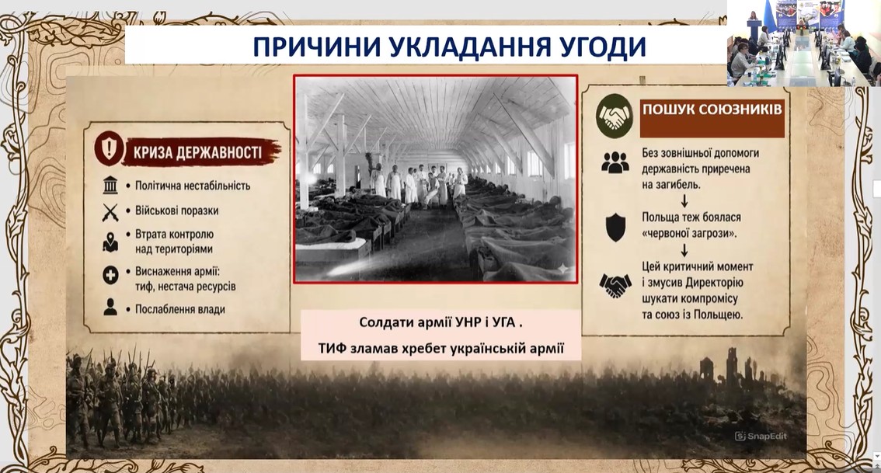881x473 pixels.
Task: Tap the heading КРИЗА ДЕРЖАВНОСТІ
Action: click(x=197, y=152)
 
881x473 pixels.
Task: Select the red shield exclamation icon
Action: click(x=109, y=148)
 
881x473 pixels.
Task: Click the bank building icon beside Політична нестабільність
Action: click(x=110, y=186)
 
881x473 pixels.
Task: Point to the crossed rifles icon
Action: click(x=110, y=212)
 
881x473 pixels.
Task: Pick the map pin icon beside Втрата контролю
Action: click(x=110, y=242)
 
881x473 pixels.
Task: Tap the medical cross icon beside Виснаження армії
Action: click(x=110, y=275)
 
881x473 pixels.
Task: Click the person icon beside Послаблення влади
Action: click(x=110, y=307)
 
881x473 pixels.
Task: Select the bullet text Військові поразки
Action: click(x=176, y=210)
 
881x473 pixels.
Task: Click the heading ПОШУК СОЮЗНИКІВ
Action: click(x=712, y=109)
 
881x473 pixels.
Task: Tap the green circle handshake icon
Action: click(x=614, y=116)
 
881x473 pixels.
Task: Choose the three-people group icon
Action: click(x=615, y=162)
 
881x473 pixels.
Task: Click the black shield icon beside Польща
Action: click(x=616, y=228)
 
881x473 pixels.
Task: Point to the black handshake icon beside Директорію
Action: click(x=615, y=285)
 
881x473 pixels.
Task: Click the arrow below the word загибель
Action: click(x=684, y=201)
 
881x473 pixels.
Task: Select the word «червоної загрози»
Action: click(x=689, y=233)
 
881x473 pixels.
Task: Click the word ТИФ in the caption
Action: click(x=334, y=348)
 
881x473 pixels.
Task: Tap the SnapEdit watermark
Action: click(x=761, y=436)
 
